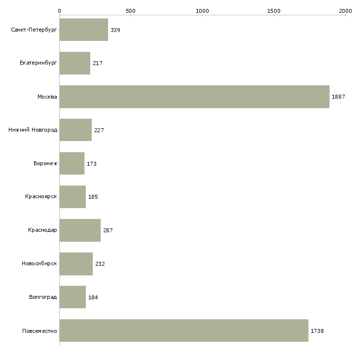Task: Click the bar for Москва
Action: tap(194, 97)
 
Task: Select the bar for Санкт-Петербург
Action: tap(84, 30)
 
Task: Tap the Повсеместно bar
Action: tap(184, 330)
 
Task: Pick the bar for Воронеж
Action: tap(72, 163)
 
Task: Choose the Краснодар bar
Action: tap(80, 230)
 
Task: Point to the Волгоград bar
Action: tap(72, 297)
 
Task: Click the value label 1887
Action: tap(338, 97)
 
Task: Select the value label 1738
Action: tap(317, 331)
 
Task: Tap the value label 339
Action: tap(115, 30)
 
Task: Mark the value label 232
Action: tap(100, 264)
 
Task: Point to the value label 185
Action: tap(93, 197)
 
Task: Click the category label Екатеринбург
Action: tap(38, 63)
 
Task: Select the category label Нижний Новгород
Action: tap(33, 130)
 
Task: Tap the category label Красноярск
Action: tap(41, 197)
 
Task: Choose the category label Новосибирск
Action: tap(39, 263)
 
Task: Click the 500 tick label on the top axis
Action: tap(131, 11)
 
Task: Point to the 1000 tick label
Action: tap(202, 11)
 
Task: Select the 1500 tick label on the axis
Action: tap(274, 11)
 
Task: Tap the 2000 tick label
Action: tap(345, 11)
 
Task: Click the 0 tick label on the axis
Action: tap(60, 11)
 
